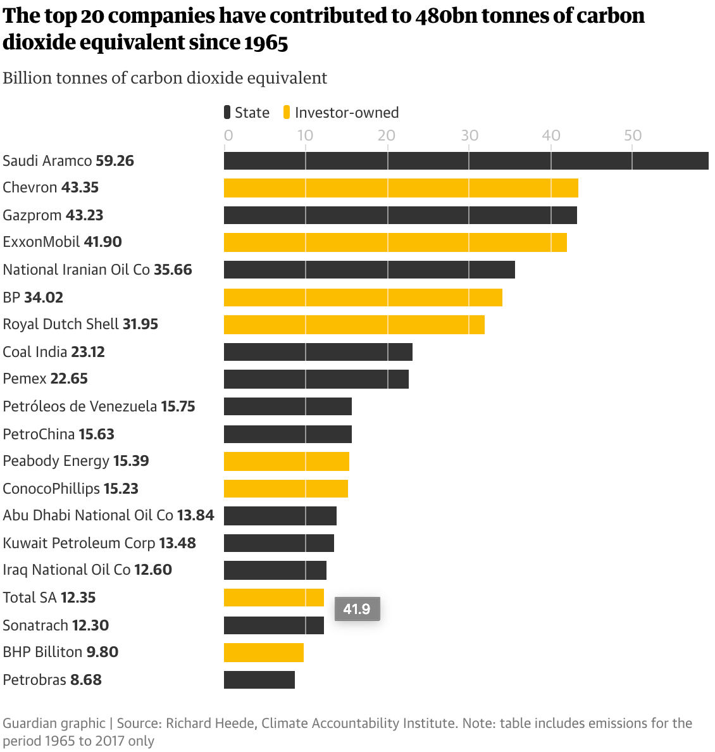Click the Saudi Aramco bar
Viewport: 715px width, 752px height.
click(x=466, y=161)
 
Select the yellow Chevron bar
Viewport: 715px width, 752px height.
click(x=401, y=188)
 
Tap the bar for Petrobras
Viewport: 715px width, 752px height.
click(x=259, y=680)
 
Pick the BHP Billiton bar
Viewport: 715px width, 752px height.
click(x=264, y=653)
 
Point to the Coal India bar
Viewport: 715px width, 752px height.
click(x=318, y=352)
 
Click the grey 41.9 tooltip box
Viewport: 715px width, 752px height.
click(x=357, y=609)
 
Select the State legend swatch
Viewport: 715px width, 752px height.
click(x=227, y=113)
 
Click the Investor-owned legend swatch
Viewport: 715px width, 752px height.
click(x=287, y=113)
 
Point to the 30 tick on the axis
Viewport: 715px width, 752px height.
click(x=469, y=135)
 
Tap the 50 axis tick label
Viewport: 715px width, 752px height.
click(x=633, y=135)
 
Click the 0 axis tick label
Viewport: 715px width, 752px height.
click(x=228, y=135)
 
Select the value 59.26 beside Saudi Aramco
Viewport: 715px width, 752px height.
click(x=115, y=161)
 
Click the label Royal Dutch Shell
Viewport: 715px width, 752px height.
click(x=61, y=324)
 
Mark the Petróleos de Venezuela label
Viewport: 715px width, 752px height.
click(x=80, y=406)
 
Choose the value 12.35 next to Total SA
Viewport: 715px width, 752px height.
click(x=78, y=598)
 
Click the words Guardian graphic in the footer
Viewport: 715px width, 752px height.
click(x=54, y=723)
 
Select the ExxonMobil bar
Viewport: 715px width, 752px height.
click(x=395, y=242)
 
